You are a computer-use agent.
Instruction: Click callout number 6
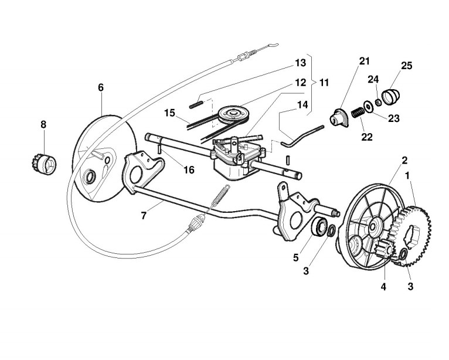101,87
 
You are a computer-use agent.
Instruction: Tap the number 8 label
43,124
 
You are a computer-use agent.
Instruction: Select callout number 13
300,62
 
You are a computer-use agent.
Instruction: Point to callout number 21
365,62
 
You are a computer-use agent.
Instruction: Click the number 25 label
406,65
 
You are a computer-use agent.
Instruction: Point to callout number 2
404,159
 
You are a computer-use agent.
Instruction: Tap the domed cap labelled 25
390,94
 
